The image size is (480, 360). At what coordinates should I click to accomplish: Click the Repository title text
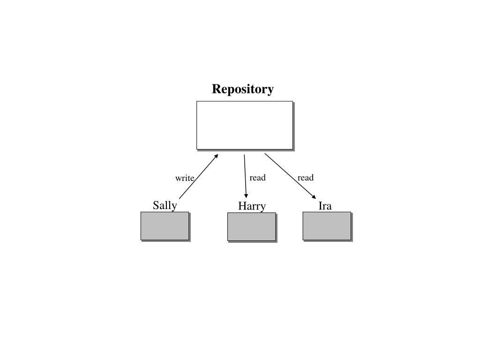click(243, 89)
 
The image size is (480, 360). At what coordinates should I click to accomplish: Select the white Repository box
click(244, 125)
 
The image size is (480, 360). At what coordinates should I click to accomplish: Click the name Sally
click(165, 205)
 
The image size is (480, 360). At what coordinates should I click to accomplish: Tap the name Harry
click(252, 206)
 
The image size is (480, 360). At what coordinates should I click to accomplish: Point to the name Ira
click(325, 206)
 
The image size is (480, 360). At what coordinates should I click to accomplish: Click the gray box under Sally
click(165, 226)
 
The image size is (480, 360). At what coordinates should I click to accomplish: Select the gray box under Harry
click(251, 227)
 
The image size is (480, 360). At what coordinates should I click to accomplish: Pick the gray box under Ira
click(327, 226)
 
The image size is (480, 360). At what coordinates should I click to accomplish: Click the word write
click(185, 178)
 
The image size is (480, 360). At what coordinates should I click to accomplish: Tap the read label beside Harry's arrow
click(257, 178)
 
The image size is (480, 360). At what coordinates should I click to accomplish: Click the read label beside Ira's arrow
click(305, 178)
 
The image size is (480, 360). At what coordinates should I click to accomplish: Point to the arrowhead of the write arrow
click(216, 156)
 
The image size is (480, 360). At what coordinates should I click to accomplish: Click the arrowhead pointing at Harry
click(246, 195)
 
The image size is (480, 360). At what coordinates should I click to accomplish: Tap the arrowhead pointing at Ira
click(314, 196)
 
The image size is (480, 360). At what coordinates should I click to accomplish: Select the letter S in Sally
click(156, 205)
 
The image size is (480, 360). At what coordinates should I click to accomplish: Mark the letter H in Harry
click(242, 206)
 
